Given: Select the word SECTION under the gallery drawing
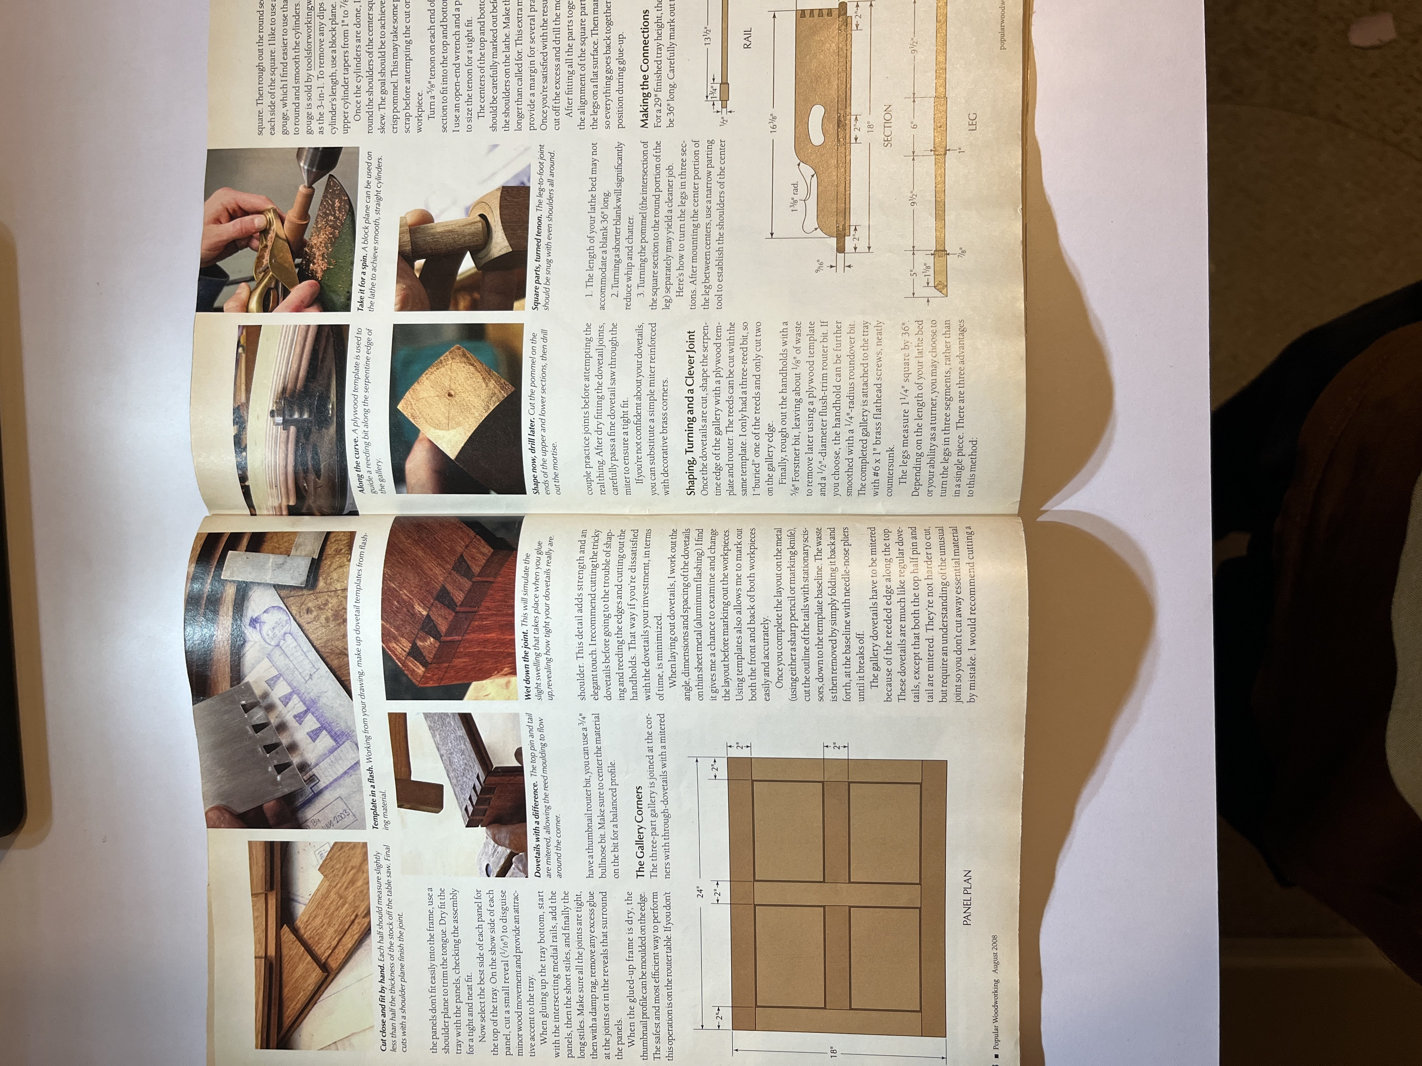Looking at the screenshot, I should [x=887, y=125].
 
